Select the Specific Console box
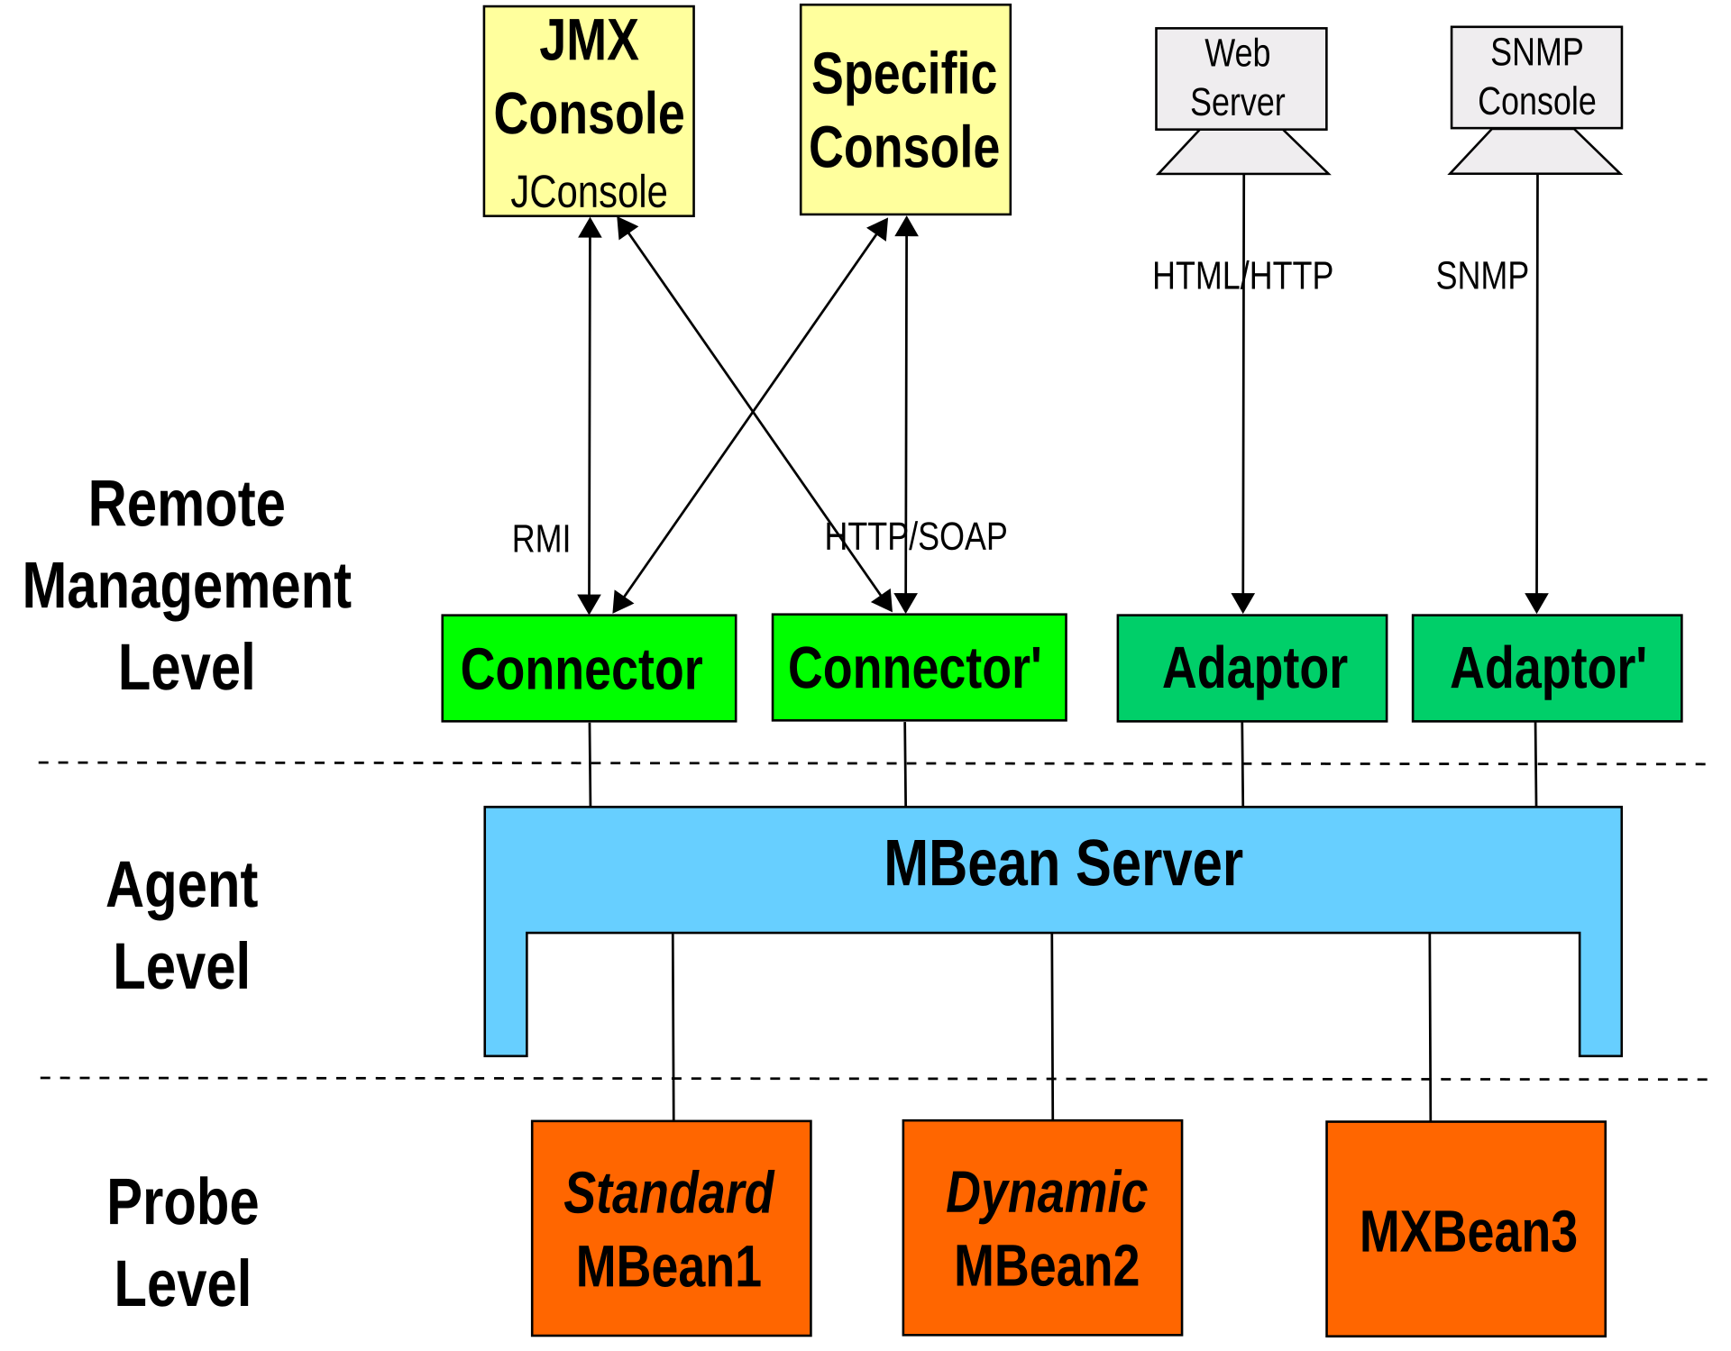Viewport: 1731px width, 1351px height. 905,110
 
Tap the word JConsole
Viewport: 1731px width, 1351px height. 589,192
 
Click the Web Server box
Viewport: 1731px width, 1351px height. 1241,78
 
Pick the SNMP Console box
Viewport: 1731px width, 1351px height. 1535,78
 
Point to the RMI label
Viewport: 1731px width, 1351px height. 541,539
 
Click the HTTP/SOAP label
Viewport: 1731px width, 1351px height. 915,537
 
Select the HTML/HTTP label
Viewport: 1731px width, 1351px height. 1241,276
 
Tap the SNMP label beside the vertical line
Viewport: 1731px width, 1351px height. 1481,276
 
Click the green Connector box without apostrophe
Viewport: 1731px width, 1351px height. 589,669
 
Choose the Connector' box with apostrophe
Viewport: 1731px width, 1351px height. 919,668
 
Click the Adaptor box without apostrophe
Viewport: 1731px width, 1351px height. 1251,669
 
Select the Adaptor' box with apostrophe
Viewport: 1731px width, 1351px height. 1546,669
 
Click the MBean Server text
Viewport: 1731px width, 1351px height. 1063,863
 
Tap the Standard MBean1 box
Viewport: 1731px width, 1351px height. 671,1228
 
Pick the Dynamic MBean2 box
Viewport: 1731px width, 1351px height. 1042,1227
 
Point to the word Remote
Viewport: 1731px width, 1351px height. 187,504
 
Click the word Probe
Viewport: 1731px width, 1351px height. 183,1202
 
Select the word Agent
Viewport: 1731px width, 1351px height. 182,885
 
